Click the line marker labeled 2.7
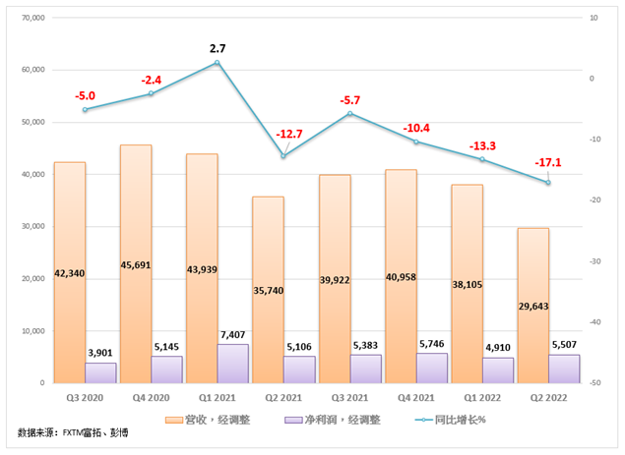217,63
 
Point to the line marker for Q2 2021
283,156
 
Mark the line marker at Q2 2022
548,183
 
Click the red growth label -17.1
548,162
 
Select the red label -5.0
85,95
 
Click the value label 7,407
232,334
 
